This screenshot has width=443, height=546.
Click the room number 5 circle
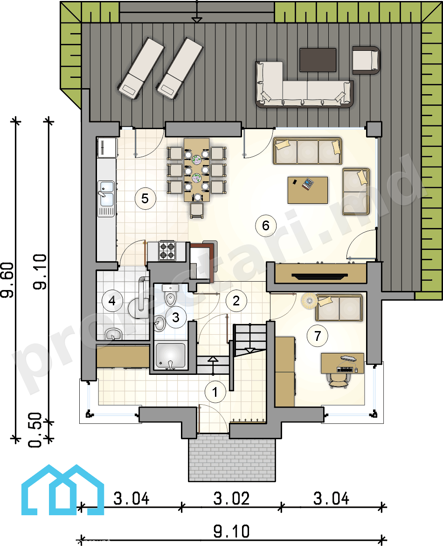145,199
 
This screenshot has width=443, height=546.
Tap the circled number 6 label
266,226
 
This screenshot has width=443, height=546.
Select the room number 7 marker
317,336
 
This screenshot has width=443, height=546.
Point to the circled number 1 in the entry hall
215,392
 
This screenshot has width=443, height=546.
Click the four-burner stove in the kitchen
167,251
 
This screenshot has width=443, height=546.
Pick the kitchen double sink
106,199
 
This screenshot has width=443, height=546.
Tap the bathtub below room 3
170,356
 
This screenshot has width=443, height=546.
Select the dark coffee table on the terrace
318,60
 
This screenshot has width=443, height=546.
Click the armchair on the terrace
366,60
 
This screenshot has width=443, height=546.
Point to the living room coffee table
307,190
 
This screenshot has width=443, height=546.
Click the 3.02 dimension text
231,498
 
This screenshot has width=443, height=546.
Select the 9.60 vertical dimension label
7,280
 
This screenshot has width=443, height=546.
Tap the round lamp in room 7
309,300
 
